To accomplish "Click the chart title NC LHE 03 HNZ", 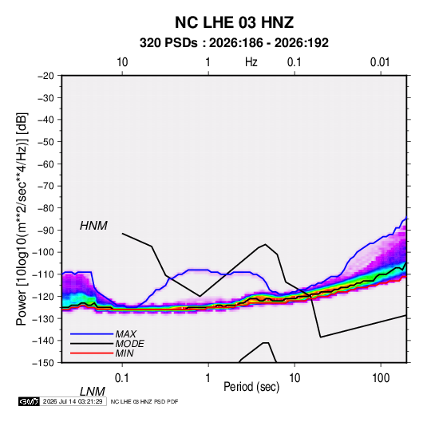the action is coord(234,22).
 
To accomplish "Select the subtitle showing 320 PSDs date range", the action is coord(234,43).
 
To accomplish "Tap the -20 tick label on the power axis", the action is coord(45,76).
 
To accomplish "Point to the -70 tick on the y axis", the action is coord(45,186).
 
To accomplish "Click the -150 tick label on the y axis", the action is coord(44,363).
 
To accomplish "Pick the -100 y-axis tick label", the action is coord(44,252).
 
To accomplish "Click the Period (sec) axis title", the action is coord(251,387).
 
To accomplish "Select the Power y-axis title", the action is coord(22,219).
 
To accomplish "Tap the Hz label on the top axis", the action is coord(251,62).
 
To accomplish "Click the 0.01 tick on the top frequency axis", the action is coord(380,62).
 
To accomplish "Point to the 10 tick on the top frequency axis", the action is coord(122,62).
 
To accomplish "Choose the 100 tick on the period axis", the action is coord(381,378).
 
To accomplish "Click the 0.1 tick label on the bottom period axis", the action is coord(122,378).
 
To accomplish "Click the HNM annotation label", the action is coord(93,226).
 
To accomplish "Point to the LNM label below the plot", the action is coord(93,392).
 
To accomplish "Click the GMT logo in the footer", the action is coord(30,401).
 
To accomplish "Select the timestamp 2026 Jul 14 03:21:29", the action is coord(73,401).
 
